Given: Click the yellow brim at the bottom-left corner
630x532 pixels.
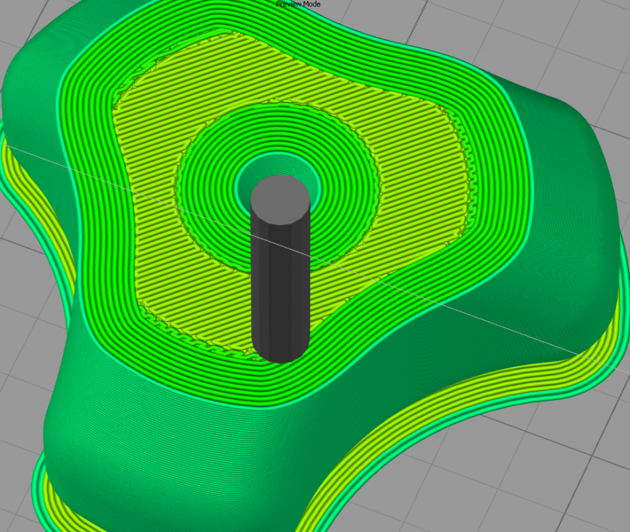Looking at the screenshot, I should click(x=40, y=492).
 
